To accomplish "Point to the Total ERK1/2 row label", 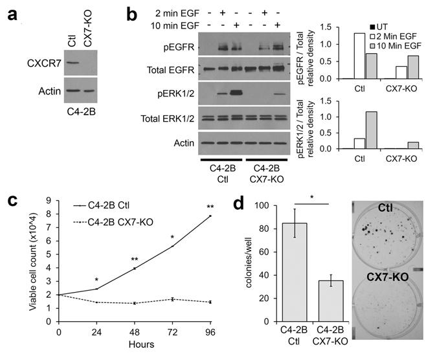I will click(x=166, y=118).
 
